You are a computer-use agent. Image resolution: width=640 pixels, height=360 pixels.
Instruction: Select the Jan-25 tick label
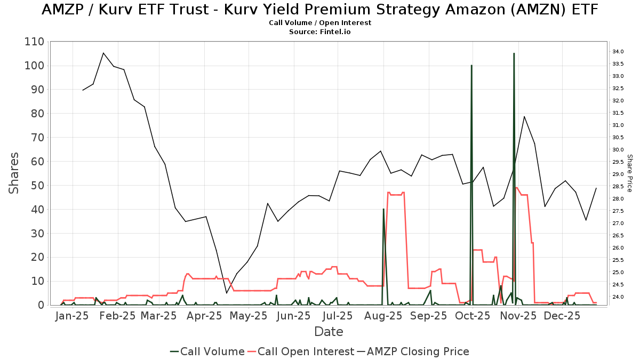pyautogui.click(x=72, y=316)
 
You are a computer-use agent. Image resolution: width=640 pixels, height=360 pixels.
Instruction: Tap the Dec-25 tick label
pyautogui.click(x=562, y=316)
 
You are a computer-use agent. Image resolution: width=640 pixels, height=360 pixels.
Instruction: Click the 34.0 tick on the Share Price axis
pyautogui.click(x=618, y=52)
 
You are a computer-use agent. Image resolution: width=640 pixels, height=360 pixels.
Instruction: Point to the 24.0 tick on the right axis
pyautogui.click(x=618, y=297)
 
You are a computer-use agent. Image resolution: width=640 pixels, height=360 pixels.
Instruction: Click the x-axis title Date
pyautogui.click(x=329, y=332)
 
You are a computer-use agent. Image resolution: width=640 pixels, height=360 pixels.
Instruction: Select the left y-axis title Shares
pyautogui.click(x=14, y=173)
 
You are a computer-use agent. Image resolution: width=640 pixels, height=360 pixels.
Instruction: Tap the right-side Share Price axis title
pyautogui.click(x=629, y=173)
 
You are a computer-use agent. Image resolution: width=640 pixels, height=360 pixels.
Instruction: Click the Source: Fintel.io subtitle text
pyautogui.click(x=320, y=31)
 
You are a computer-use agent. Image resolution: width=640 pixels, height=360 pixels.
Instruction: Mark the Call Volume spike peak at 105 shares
pyautogui.click(x=514, y=53)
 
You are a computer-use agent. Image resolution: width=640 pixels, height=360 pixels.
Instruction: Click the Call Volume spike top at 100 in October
pyautogui.click(x=471, y=66)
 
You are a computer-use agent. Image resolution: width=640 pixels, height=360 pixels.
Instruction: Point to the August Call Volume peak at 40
pyautogui.click(x=383, y=209)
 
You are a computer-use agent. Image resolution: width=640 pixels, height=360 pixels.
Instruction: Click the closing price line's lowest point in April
pyautogui.click(x=227, y=293)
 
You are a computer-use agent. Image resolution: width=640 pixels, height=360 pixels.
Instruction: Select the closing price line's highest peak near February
pyautogui.click(x=103, y=53)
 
